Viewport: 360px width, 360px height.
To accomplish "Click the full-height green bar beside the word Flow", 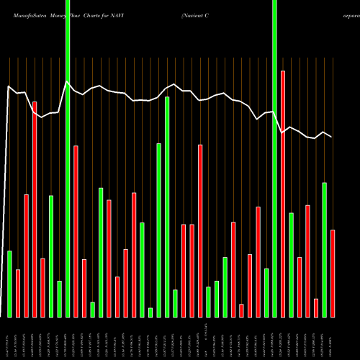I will pyautogui.click(x=68, y=158).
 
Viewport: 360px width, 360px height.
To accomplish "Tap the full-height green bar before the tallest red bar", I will pyautogui.click(x=274, y=158).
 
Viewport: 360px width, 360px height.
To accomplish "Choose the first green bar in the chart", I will pyautogui.click(x=9, y=284).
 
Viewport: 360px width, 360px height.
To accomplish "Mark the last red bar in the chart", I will pyautogui.click(x=333, y=273).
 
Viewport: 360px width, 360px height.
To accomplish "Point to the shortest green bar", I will pyautogui.click(x=150, y=312).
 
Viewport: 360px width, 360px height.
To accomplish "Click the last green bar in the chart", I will pyautogui.click(x=324, y=249).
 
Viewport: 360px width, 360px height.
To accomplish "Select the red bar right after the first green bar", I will pyautogui.click(x=18, y=293).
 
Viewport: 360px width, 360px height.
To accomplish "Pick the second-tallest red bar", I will pyautogui.click(x=35, y=209).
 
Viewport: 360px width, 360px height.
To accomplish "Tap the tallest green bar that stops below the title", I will pyautogui.click(x=167, y=207).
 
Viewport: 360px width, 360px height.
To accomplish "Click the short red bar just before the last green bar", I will pyautogui.click(x=316, y=307).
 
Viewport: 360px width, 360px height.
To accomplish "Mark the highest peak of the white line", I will pyautogui.click(x=67, y=81).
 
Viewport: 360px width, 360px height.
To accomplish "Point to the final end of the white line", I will pyautogui.click(x=332, y=137).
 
